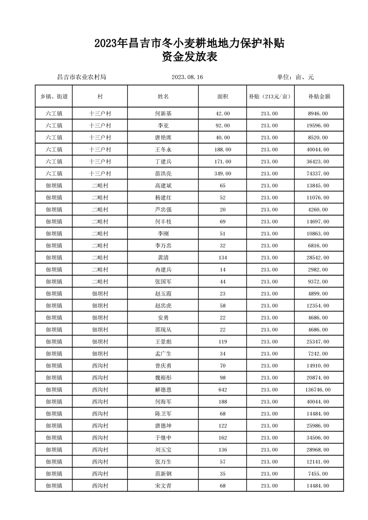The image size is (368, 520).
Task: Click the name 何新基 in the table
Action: click(163, 114)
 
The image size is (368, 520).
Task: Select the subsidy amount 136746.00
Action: click(318, 390)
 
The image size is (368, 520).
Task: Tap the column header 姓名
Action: click(163, 97)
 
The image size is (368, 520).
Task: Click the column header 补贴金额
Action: click(318, 97)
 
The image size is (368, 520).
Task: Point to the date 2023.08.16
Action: click(187, 77)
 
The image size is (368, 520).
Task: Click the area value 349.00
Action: click(222, 173)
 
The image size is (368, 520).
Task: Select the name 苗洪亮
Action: click(163, 173)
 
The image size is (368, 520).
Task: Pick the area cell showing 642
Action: click(222, 390)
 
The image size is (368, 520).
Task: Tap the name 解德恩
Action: click(163, 390)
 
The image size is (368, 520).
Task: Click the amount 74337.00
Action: click(318, 173)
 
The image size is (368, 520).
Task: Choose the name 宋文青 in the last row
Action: click(163, 486)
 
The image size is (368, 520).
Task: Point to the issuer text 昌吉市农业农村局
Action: click(81, 77)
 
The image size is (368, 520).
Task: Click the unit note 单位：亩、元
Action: click(295, 77)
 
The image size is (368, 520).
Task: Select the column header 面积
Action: click(222, 97)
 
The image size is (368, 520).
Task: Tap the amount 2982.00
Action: click(318, 269)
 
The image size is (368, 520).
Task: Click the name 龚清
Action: click(163, 258)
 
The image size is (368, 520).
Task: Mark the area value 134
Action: click(222, 258)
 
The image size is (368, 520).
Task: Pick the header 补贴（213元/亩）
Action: click(270, 97)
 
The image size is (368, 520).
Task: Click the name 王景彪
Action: click(163, 342)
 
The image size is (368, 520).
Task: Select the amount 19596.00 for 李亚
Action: click(318, 126)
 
